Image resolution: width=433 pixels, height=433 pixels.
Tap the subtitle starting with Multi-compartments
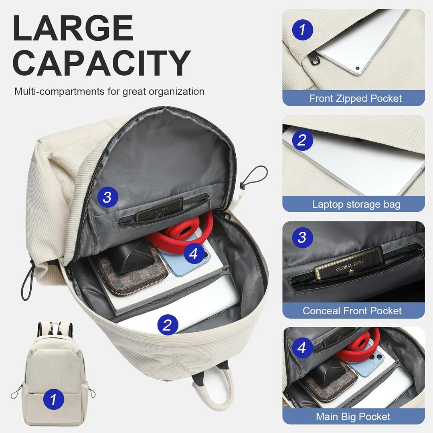pos(109,91)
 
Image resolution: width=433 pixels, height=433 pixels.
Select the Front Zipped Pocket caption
pos(355,99)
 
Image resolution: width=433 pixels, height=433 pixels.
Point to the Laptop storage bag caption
pos(356,204)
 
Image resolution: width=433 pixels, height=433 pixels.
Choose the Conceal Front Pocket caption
pos(352,311)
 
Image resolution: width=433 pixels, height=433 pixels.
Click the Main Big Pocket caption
pos(353,417)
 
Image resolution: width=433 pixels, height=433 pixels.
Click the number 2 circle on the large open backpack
pos(168,324)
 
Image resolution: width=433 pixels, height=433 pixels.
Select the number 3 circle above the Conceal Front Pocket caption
pos(302,238)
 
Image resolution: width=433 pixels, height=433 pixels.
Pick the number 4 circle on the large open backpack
pos(194,253)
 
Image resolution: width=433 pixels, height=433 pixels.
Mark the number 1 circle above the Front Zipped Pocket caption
pos(302,29)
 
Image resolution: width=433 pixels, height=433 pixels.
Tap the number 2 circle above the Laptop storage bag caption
pos(302,140)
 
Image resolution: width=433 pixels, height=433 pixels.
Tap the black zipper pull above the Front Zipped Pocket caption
pos(317,61)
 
